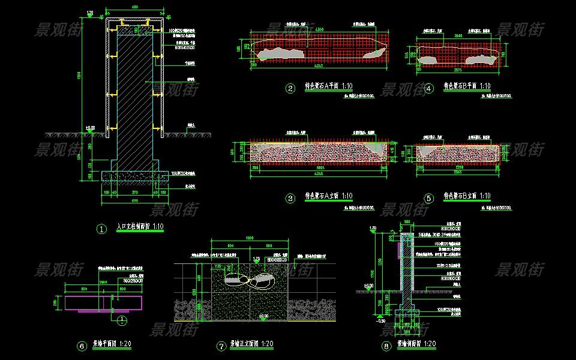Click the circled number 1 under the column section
101,229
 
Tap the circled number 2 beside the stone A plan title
290,89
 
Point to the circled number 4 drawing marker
428,89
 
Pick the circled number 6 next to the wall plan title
83,346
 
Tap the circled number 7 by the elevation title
221,346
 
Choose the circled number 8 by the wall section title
386,346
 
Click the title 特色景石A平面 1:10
329,87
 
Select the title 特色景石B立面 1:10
467,196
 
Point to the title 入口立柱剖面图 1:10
140,227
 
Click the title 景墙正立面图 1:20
252,344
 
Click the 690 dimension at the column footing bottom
135,200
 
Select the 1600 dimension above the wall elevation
251,238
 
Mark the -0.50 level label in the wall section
380,321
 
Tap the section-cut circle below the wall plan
121,320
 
